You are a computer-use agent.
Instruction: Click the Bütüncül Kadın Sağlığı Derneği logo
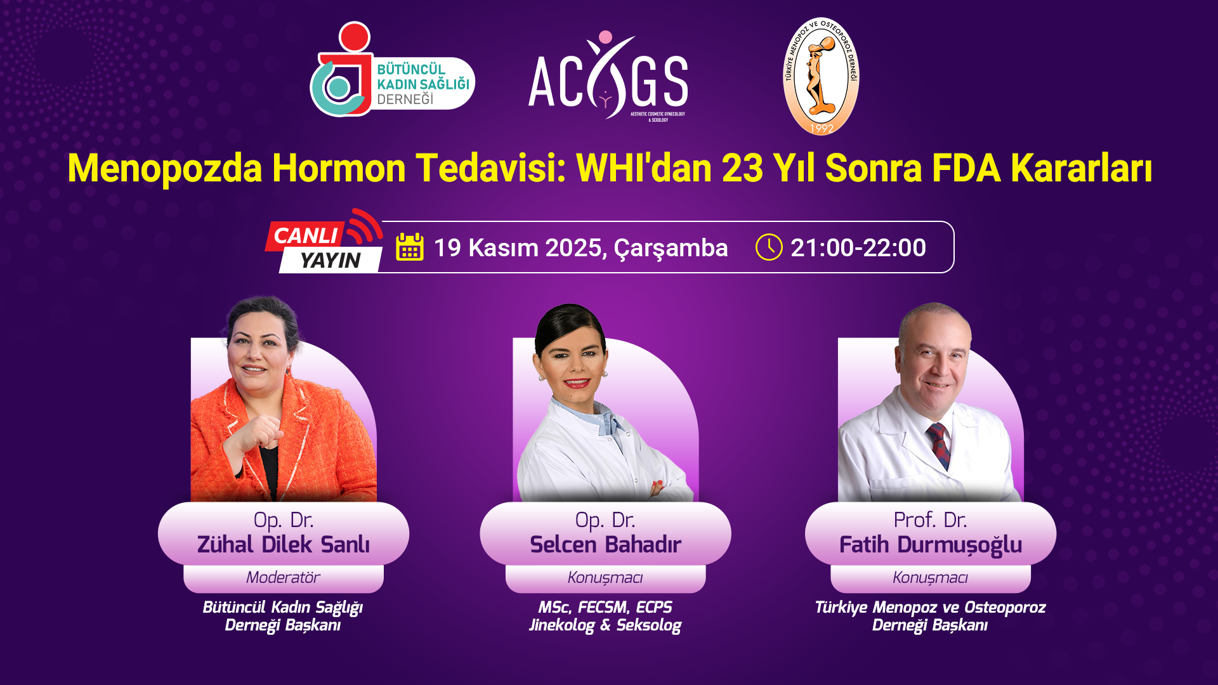pyautogui.click(x=392, y=70)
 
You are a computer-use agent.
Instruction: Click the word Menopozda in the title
pyautogui.click(x=165, y=169)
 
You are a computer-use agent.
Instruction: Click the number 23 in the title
pyautogui.click(x=742, y=169)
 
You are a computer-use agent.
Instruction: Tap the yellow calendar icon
pyautogui.click(x=410, y=247)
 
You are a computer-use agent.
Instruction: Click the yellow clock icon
pyautogui.click(x=769, y=247)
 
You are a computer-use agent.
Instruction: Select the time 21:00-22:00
pyautogui.click(x=858, y=248)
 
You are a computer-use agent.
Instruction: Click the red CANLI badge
pyautogui.click(x=305, y=235)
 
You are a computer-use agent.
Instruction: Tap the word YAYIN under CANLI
pyautogui.click(x=330, y=260)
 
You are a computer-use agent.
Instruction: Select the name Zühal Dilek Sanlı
pyautogui.click(x=284, y=545)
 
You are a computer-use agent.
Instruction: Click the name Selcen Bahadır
pyautogui.click(x=605, y=545)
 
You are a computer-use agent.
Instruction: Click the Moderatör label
pyautogui.click(x=283, y=577)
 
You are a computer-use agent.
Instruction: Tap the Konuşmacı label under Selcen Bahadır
pyautogui.click(x=605, y=578)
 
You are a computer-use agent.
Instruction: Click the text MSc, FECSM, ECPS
pyautogui.click(x=605, y=608)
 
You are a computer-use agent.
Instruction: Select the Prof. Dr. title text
pyautogui.click(x=930, y=520)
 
